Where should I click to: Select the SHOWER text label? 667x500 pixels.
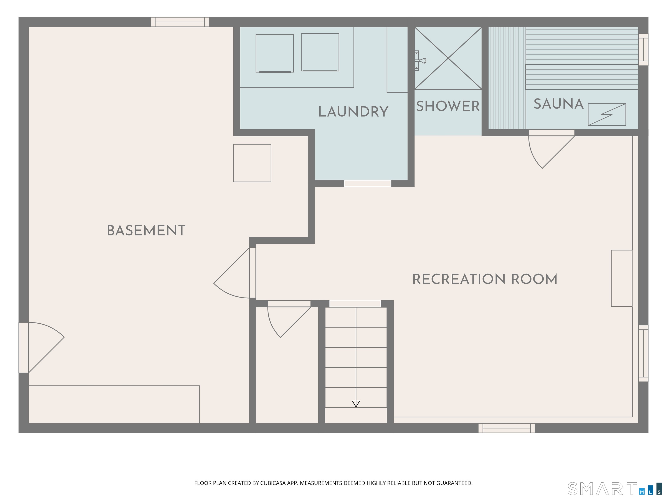(448, 106)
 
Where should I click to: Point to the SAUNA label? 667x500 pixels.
(558, 104)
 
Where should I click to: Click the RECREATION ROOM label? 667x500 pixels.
(485, 279)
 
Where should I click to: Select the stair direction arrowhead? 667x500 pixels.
(356, 404)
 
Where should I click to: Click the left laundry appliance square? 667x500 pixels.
(275, 53)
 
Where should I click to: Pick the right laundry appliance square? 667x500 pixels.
(320, 52)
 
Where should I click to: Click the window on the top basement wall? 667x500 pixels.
(180, 22)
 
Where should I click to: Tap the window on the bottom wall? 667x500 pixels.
(507, 428)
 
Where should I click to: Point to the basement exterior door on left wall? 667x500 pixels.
(42, 347)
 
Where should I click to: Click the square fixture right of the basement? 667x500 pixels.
(252, 163)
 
